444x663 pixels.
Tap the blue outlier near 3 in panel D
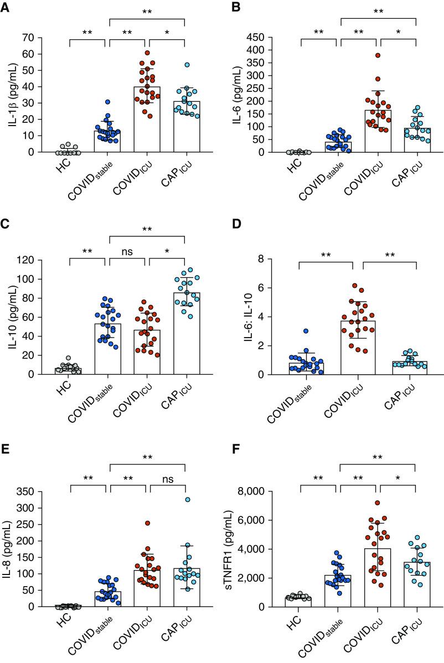(305, 331)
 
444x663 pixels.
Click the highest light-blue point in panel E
(187, 500)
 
